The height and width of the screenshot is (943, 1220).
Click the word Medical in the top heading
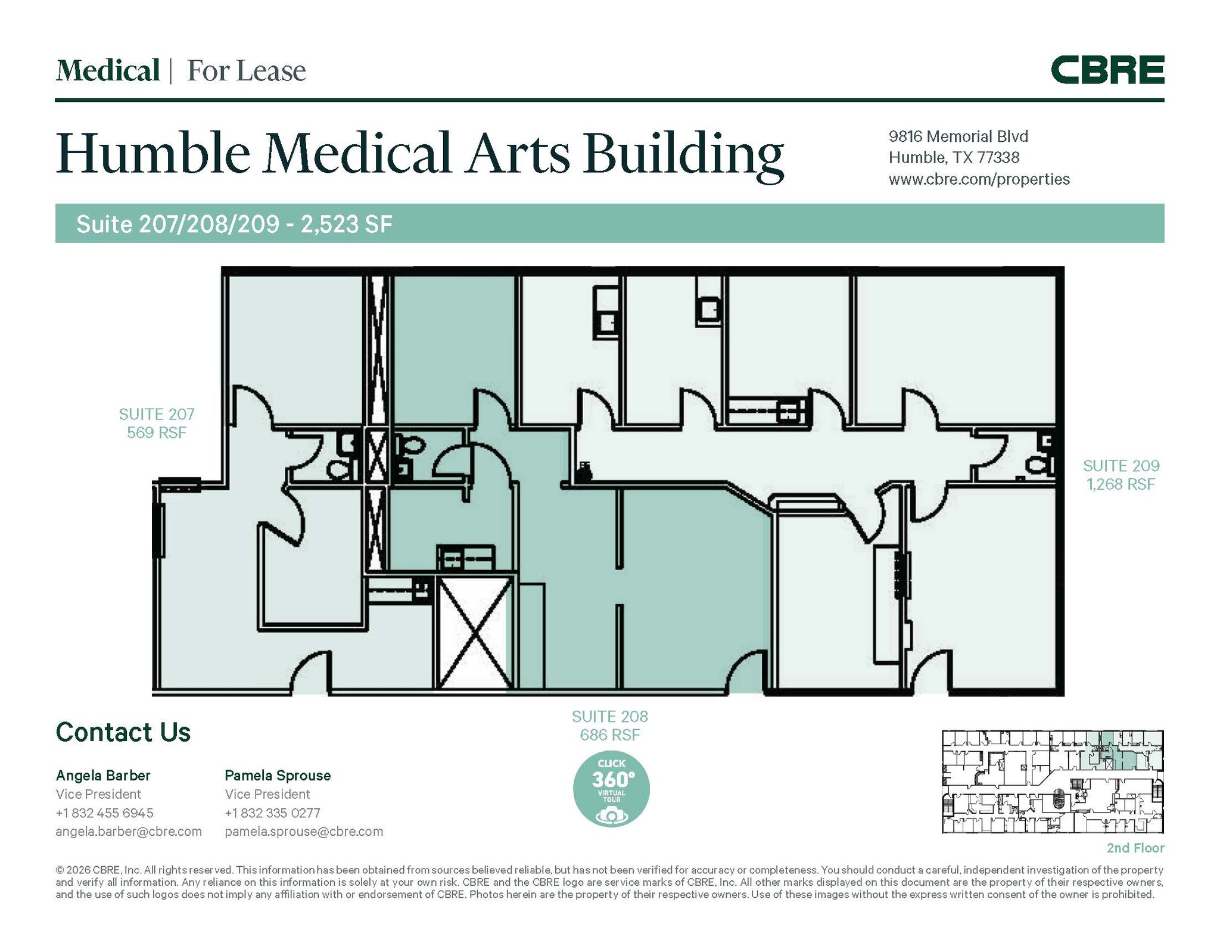tap(108, 71)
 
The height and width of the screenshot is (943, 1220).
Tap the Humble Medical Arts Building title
tap(419, 154)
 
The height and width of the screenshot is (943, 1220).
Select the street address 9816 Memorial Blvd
tap(958, 136)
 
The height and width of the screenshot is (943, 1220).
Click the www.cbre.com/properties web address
tap(979, 179)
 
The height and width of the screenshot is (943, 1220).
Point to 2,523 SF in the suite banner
tap(346, 224)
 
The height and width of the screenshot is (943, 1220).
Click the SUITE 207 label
tap(157, 414)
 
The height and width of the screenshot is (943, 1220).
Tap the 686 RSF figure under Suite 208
tap(610, 735)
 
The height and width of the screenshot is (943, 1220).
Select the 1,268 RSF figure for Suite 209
tap(1121, 484)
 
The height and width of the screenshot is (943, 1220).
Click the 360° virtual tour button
tap(611, 788)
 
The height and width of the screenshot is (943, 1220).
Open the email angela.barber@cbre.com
tap(129, 831)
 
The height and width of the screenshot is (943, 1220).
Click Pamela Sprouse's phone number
tap(272, 813)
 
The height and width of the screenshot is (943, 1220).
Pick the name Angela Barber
tap(103, 775)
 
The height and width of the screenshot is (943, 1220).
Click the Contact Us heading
tap(123, 732)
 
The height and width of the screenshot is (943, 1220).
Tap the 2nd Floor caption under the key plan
tap(1135, 848)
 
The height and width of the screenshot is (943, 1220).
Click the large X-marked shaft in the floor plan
tap(475, 633)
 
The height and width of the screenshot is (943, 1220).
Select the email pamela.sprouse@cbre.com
tap(304, 831)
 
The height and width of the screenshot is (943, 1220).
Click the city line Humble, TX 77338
tap(954, 158)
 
